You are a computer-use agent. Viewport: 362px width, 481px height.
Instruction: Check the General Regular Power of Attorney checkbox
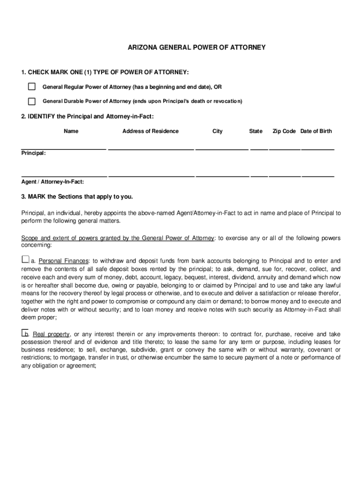tap(31, 87)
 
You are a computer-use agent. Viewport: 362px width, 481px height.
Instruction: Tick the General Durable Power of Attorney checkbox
tap(31, 101)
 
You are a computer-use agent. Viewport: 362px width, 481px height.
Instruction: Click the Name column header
tap(71, 131)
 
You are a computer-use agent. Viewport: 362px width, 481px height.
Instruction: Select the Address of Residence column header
tap(150, 131)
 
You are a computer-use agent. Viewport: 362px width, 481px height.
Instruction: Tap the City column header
tap(217, 131)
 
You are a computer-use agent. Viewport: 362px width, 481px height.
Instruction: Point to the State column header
tap(256, 131)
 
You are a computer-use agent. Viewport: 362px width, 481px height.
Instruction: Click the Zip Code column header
tap(284, 131)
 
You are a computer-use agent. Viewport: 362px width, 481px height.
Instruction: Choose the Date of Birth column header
tap(316, 131)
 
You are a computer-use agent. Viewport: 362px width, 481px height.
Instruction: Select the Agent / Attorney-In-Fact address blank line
tap(151, 175)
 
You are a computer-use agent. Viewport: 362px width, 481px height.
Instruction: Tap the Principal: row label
tap(33, 153)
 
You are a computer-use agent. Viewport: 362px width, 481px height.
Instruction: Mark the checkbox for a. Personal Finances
tap(25, 259)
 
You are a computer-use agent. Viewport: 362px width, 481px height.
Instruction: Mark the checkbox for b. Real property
tap(25, 333)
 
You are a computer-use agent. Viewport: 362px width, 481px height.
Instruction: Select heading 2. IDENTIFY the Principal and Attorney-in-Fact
tap(87, 116)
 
